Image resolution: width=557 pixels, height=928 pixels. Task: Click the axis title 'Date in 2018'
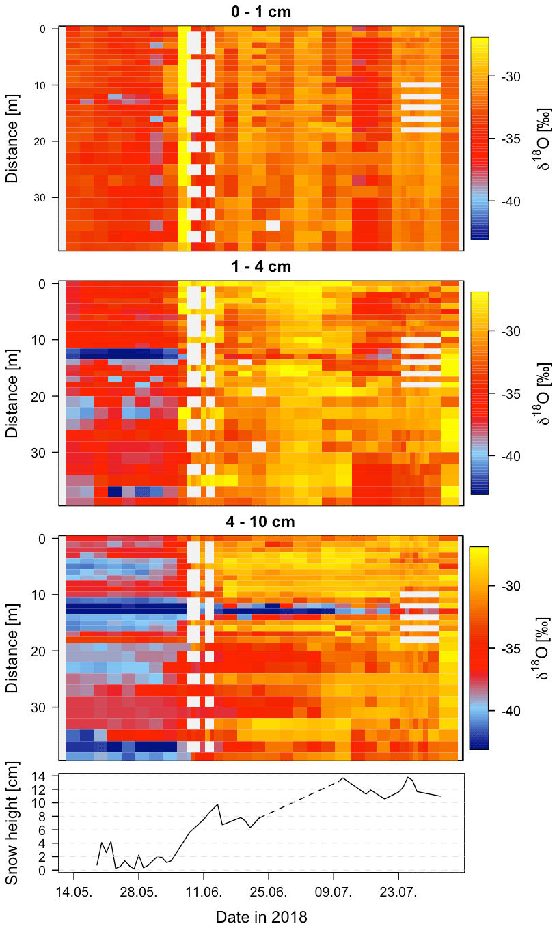(262, 916)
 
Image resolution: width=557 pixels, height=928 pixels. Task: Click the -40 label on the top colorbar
(512, 201)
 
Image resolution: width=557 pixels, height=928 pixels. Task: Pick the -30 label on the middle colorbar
(512, 331)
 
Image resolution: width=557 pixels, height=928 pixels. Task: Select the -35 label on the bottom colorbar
(512, 649)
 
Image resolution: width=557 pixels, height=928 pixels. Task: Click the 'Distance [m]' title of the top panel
(12, 140)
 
